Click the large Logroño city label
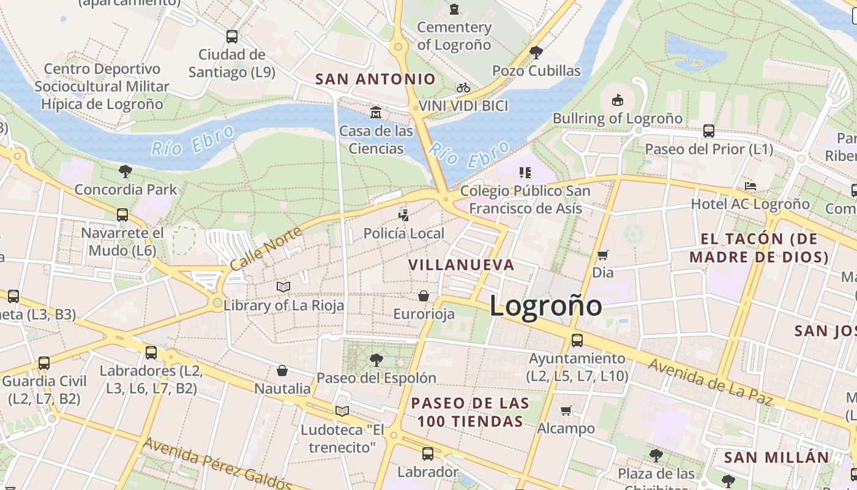(x=545, y=306)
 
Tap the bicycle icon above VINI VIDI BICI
(x=463, y=88)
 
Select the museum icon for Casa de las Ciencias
(x=376, y=113)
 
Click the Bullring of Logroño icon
(x=617, y=100)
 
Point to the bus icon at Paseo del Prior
(x=708, y=130)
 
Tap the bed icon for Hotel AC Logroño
(x=750, y=186)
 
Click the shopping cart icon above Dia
(x=603, y=254)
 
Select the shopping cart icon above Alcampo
(x=566, y=410)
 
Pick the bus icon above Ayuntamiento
(x=577, y=340)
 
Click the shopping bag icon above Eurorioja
(x=424, y=296)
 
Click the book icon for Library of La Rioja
(x=283, y=287)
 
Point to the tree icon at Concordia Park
(x=125, y=171)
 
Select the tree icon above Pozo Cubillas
(x=536, y=52)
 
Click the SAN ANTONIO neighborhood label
(x=375, y=79)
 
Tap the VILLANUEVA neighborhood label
(x=462, y=265)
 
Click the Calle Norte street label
(x=266, y=249)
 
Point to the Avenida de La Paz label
(x=710, y=382)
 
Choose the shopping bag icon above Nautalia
(x=282, y=371)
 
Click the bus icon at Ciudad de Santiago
(x=232, y=36)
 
